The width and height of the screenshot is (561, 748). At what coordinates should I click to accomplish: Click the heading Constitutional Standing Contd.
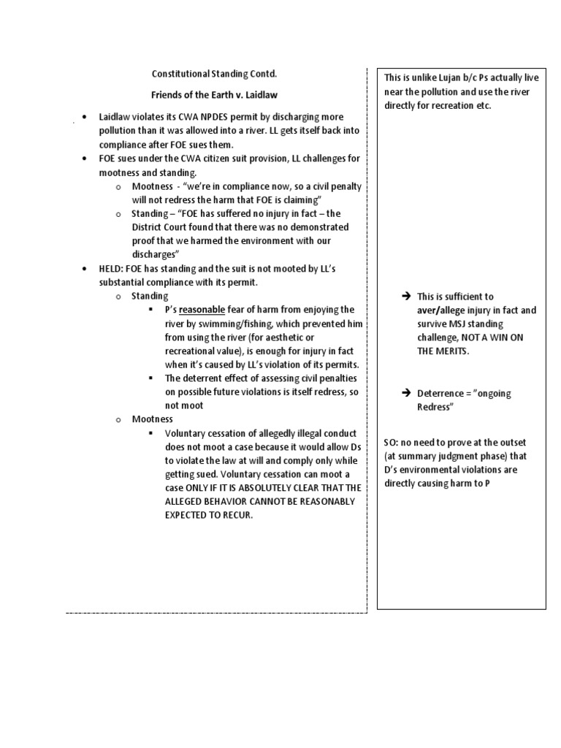(214, 74)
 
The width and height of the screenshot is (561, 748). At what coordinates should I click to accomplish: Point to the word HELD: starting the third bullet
(115, 269)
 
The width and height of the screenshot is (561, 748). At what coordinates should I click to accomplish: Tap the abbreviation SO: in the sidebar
(391, 443)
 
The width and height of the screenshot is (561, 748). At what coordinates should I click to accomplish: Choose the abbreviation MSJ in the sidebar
(462, 324)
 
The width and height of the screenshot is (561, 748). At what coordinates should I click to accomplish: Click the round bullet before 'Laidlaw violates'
(85, 117)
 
